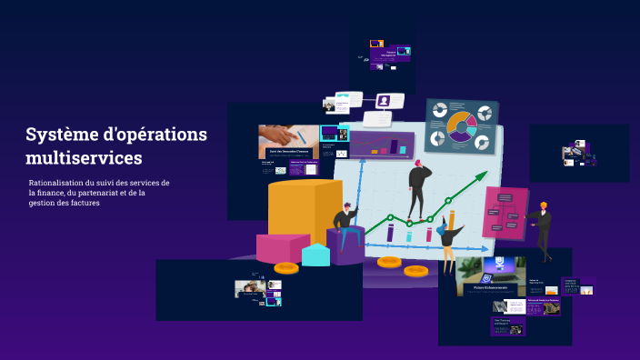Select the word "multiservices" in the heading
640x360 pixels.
point(84,158)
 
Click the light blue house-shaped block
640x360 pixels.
point(315,255)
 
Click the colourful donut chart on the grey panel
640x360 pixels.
point(462,126)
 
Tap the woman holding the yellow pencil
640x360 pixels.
point(448,240)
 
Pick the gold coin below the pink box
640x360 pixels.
point(286,267)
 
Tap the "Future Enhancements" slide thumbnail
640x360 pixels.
point(490,277)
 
